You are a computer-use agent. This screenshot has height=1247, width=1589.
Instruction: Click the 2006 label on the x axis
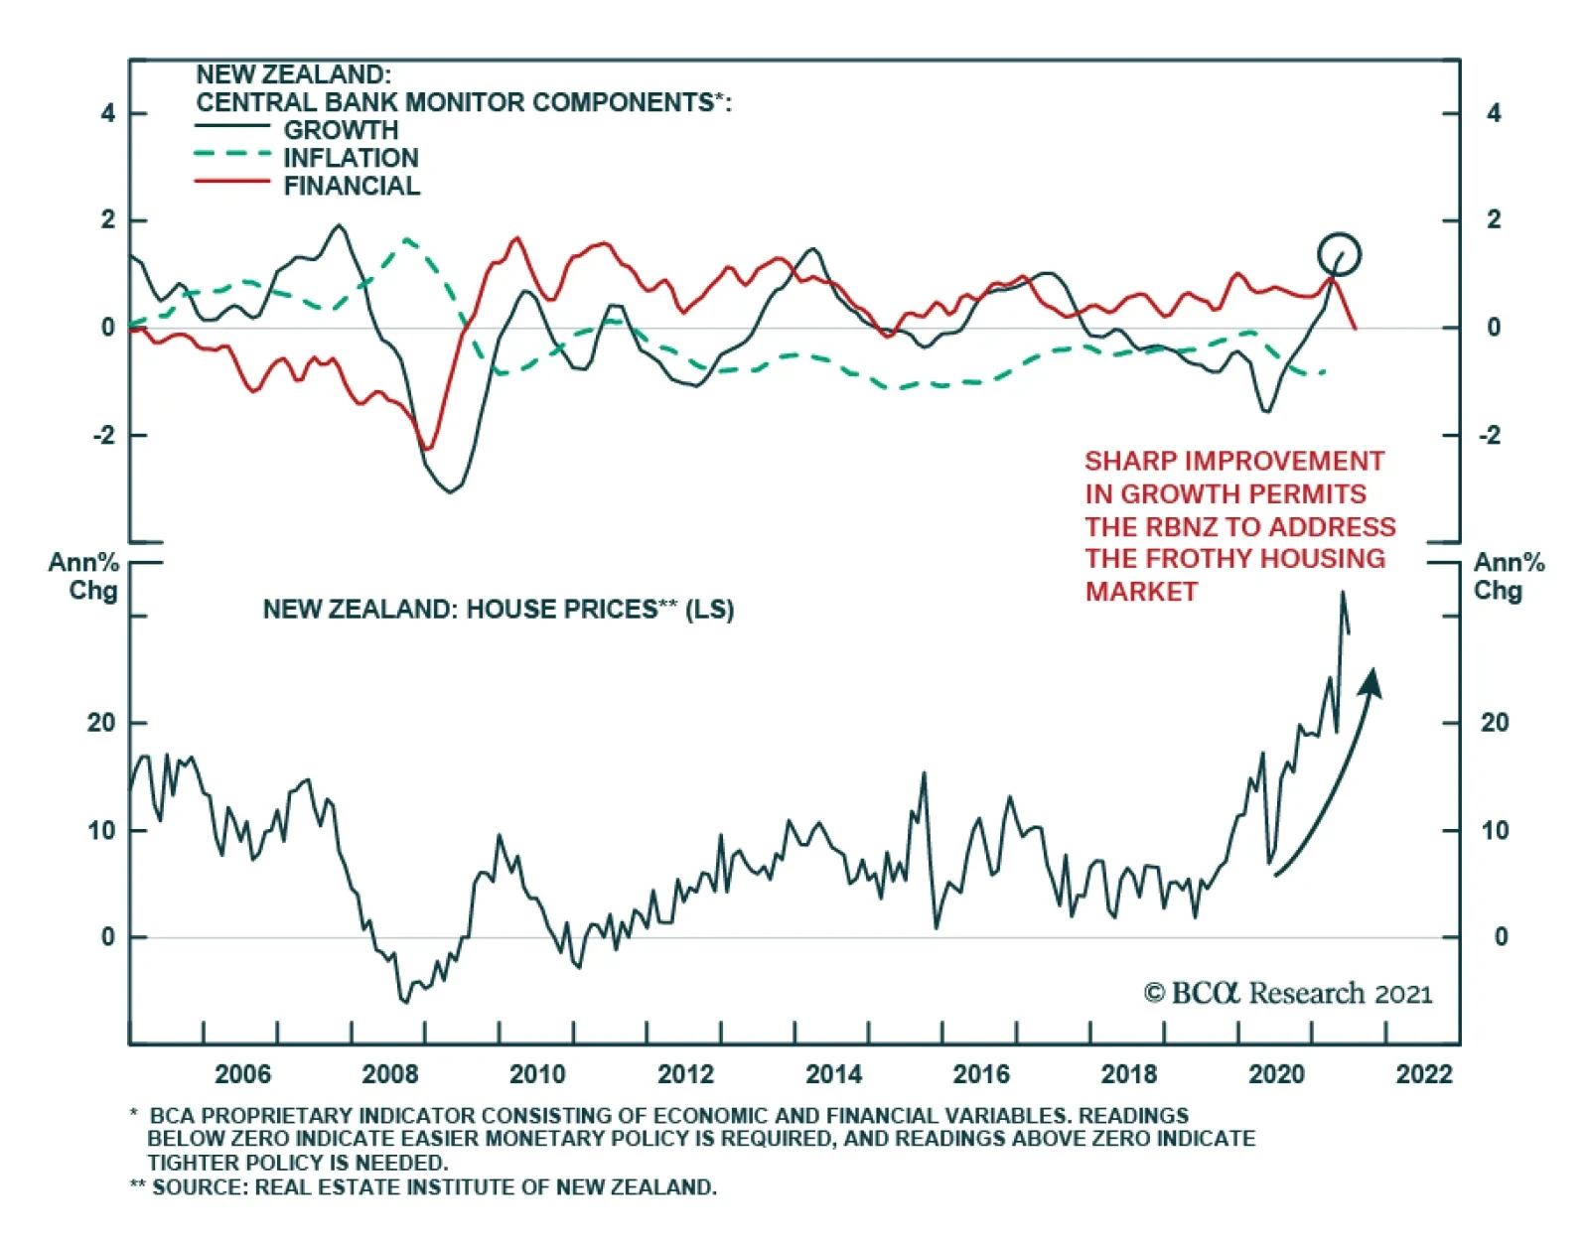pos(242,1074)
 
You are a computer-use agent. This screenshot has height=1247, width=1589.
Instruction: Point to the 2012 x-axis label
pos(685,1074)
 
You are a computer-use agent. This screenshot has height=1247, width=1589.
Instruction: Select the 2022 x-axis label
pos(1424,1074)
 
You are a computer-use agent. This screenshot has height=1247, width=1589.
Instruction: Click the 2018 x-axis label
pos(1129,1074)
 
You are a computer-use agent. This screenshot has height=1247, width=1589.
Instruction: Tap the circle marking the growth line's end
pos(1339,254)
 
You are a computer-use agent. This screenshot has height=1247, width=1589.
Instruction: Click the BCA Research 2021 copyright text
pos(1288,994)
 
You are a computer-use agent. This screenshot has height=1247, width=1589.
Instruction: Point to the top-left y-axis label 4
pos(108,113)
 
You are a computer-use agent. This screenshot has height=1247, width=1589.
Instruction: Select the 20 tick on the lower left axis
pos(101,723)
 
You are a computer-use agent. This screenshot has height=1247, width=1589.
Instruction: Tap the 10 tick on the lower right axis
pos(1495,831)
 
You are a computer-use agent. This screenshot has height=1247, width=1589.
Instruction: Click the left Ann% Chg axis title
pos(86,577)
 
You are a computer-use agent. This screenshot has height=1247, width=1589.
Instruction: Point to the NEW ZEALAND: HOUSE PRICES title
pos(498,610)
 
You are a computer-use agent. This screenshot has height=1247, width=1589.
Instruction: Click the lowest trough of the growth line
pos(451,491)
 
